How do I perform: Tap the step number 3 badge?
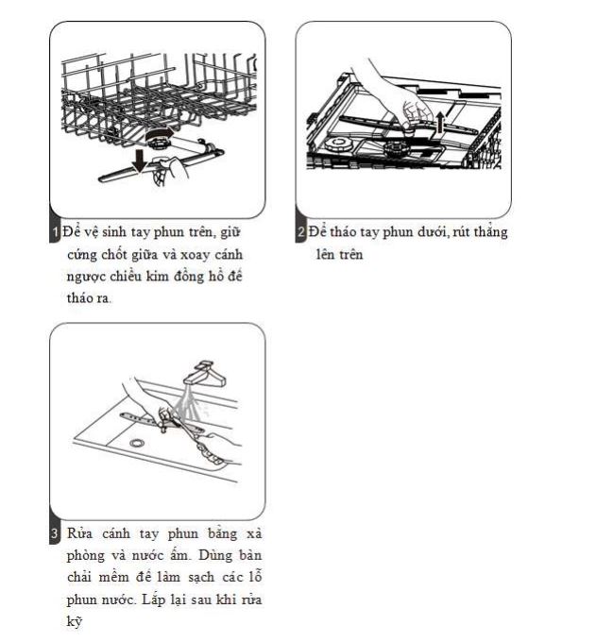[x=55, y=534]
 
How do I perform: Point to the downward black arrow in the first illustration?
[x=140, y=161]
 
